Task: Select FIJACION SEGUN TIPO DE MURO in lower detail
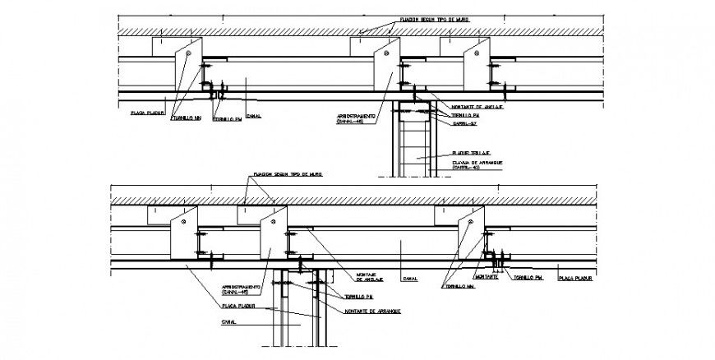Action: (x=288, y=175)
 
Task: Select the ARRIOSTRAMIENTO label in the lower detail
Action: (x=242, y=288)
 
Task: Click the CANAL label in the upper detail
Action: (x=253, y=116)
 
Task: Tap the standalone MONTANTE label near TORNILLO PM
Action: (x=486, y=277)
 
